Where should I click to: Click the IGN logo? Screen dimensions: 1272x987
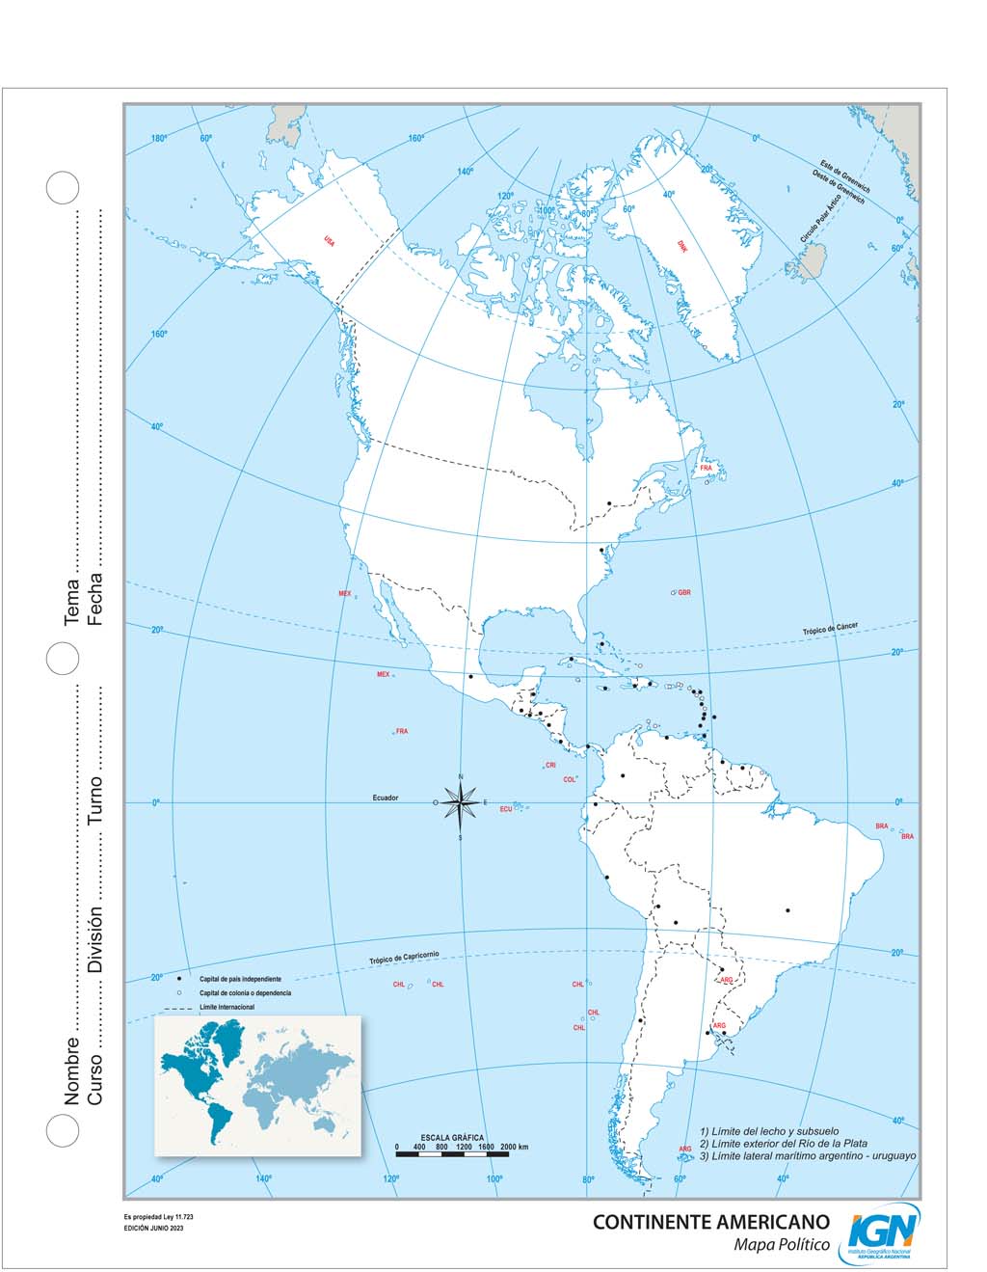coord(883,1233)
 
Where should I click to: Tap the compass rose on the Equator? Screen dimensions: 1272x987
coord(461,802)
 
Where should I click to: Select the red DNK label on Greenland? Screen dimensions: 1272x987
coord(682,246)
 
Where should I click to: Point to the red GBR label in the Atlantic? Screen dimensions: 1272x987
coord(684,592)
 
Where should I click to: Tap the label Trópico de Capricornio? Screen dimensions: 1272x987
coord(404,958)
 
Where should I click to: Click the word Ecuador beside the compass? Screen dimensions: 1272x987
coord(386,798)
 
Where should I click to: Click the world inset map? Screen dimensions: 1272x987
coord(257,1084)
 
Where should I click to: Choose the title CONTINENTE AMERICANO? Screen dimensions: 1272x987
coord(710,1222)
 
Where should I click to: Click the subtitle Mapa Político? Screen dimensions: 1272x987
coord(782,1245)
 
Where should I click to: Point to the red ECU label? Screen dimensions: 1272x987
coord(505,809)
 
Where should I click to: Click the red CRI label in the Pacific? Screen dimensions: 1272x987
coord(550,765)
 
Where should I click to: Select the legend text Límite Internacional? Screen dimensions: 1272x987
coord(227,1008)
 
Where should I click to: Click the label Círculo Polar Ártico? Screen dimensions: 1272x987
coord(817,223)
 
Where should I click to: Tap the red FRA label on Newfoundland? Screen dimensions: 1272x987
coord(706,468)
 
